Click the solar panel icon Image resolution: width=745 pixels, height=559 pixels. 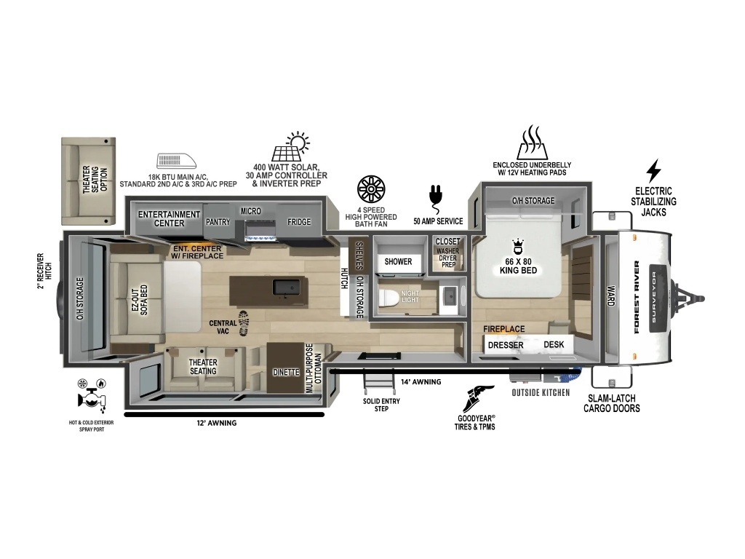(290, 146)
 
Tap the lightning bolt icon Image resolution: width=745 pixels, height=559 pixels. (654, 171)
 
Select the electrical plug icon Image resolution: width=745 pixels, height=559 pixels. (436, 199)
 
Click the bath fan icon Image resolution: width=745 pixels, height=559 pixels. (371, 189)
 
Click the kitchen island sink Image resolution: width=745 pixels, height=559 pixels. (286, 288)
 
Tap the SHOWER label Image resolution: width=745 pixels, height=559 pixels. (398, 261)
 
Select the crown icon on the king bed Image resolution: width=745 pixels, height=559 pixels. (518, 247)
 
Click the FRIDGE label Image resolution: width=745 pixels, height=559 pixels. (299, 222)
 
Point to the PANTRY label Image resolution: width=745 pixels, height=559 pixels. (218, 222)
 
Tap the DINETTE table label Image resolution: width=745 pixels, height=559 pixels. (285, 372)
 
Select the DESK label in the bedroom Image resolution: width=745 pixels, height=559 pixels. (554, 344)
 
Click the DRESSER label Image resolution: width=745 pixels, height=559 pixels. (506, 345)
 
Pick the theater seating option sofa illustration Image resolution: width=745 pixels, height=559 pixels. (88, 181)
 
